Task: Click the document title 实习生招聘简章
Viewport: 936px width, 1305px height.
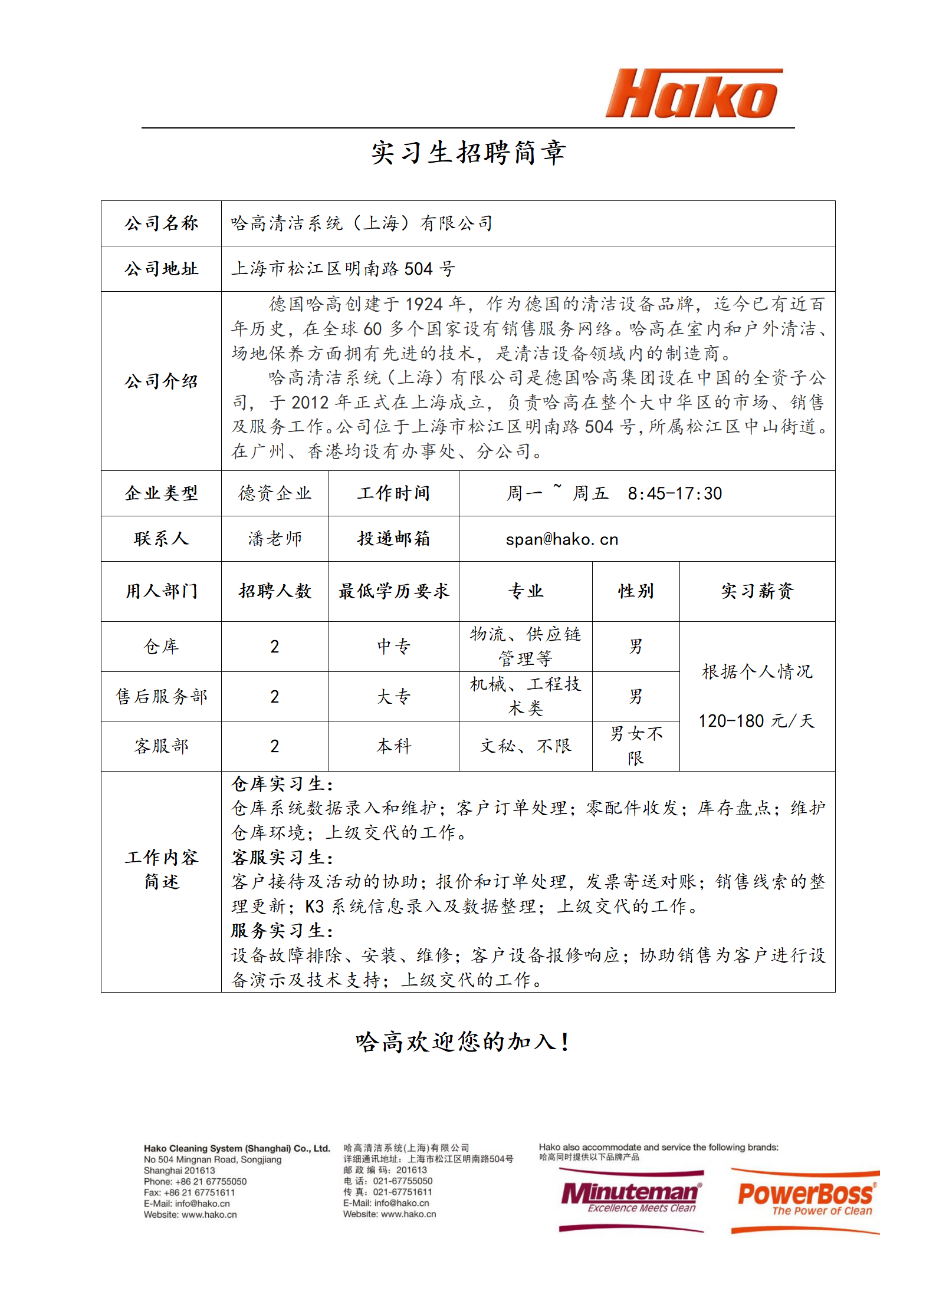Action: [468, 153]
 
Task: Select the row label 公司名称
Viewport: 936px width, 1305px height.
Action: [161, 223]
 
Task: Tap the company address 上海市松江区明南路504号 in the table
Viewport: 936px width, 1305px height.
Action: [343, 269]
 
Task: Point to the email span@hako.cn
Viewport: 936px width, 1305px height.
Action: [561, 539]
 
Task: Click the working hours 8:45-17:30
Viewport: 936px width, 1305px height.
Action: [674, 493]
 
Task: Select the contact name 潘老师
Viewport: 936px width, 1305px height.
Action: [275, 539]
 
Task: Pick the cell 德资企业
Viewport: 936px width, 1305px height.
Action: [275, 493]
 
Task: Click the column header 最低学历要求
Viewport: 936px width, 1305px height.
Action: [393, 591]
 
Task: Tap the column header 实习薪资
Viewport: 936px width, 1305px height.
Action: [757, 591]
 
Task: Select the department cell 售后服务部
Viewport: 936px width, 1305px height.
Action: [161, 697]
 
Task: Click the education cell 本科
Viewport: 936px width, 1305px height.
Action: [393, 746]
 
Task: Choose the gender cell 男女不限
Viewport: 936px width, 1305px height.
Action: [636, 746]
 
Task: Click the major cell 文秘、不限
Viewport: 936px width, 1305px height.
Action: [526, 746]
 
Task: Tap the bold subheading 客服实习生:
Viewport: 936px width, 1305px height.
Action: [283, 858]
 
